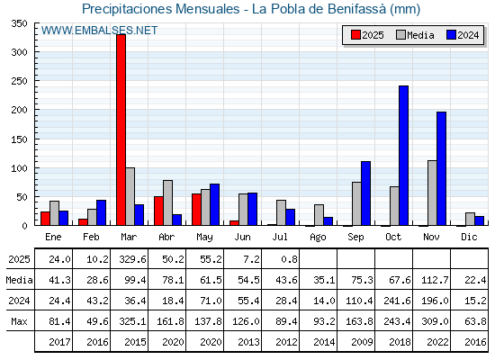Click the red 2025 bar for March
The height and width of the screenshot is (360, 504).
click(121, 130)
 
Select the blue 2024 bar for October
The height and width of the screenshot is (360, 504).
click(403, 156)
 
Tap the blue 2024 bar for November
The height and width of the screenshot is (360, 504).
click(441, 168)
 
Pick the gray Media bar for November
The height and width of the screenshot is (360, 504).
click(432, 193)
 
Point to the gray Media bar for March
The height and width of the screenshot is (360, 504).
click(130, 196)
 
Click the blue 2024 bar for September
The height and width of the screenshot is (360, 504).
click(365, 193)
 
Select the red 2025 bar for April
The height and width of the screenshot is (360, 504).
click(158, 211)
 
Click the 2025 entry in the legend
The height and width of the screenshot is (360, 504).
click(367, 35)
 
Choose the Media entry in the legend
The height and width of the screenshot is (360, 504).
click(415, 35)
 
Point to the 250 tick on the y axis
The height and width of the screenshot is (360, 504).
click(19, 81)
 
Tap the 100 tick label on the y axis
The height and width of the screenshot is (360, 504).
click(19, 168)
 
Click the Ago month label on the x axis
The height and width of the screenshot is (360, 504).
click(318, 238)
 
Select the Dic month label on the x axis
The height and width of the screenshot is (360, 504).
click(469, 237)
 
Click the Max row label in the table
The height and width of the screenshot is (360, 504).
click(19, 321)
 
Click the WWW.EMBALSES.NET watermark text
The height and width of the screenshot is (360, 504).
click(99, 31)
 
